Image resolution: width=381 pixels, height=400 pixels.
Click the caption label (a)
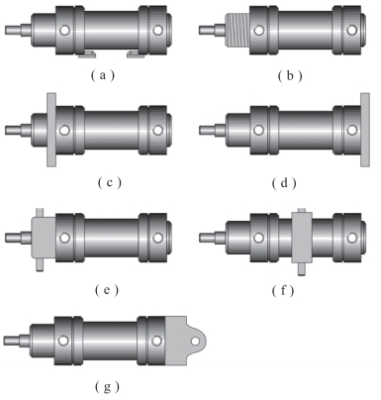(103, 75)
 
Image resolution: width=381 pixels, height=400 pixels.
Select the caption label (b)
(290, 76)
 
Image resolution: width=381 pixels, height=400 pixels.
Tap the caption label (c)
(110, 182)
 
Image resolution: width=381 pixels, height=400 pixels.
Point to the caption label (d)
(284, 182)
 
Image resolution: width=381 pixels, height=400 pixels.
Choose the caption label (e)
(107, 290)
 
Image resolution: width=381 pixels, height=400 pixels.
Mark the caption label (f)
(283, 290)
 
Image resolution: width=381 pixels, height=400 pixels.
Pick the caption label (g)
(107, 386)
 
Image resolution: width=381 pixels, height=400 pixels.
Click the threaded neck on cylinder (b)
(237, 30)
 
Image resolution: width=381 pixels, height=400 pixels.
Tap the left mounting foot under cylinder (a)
(87, 54)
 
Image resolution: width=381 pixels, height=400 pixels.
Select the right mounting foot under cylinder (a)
(136, 54)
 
